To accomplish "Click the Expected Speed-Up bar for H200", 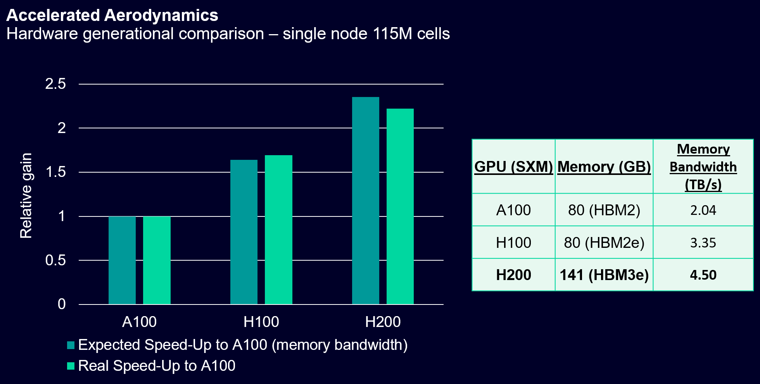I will tap(365, 201).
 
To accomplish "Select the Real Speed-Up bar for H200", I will tap(400, 206).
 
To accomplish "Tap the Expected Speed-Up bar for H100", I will tap(244, 232).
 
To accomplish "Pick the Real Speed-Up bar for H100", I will tap(278, 230).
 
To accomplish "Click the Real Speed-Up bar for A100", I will tap(157, 260).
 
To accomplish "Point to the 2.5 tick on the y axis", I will tap(55, 84).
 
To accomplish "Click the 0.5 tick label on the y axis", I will tap(55, 260).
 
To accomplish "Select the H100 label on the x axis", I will tap(261, 322).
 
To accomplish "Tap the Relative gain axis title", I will tap(26, 195).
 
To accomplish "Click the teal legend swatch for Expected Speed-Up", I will tap(71, 345).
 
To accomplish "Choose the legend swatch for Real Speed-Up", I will tap(71, 366).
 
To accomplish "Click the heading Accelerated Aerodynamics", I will tap(112, 16).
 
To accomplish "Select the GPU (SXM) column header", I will tap(513, 167).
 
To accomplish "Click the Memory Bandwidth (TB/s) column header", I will tap(703, 167).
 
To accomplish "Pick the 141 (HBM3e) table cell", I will tap(604, 275).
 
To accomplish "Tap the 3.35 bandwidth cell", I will tap(703, 243).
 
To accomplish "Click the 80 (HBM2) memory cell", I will tap(604, 210).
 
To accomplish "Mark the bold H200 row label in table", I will tap(513, 275).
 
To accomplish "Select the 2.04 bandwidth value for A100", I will tap(703, 210).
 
